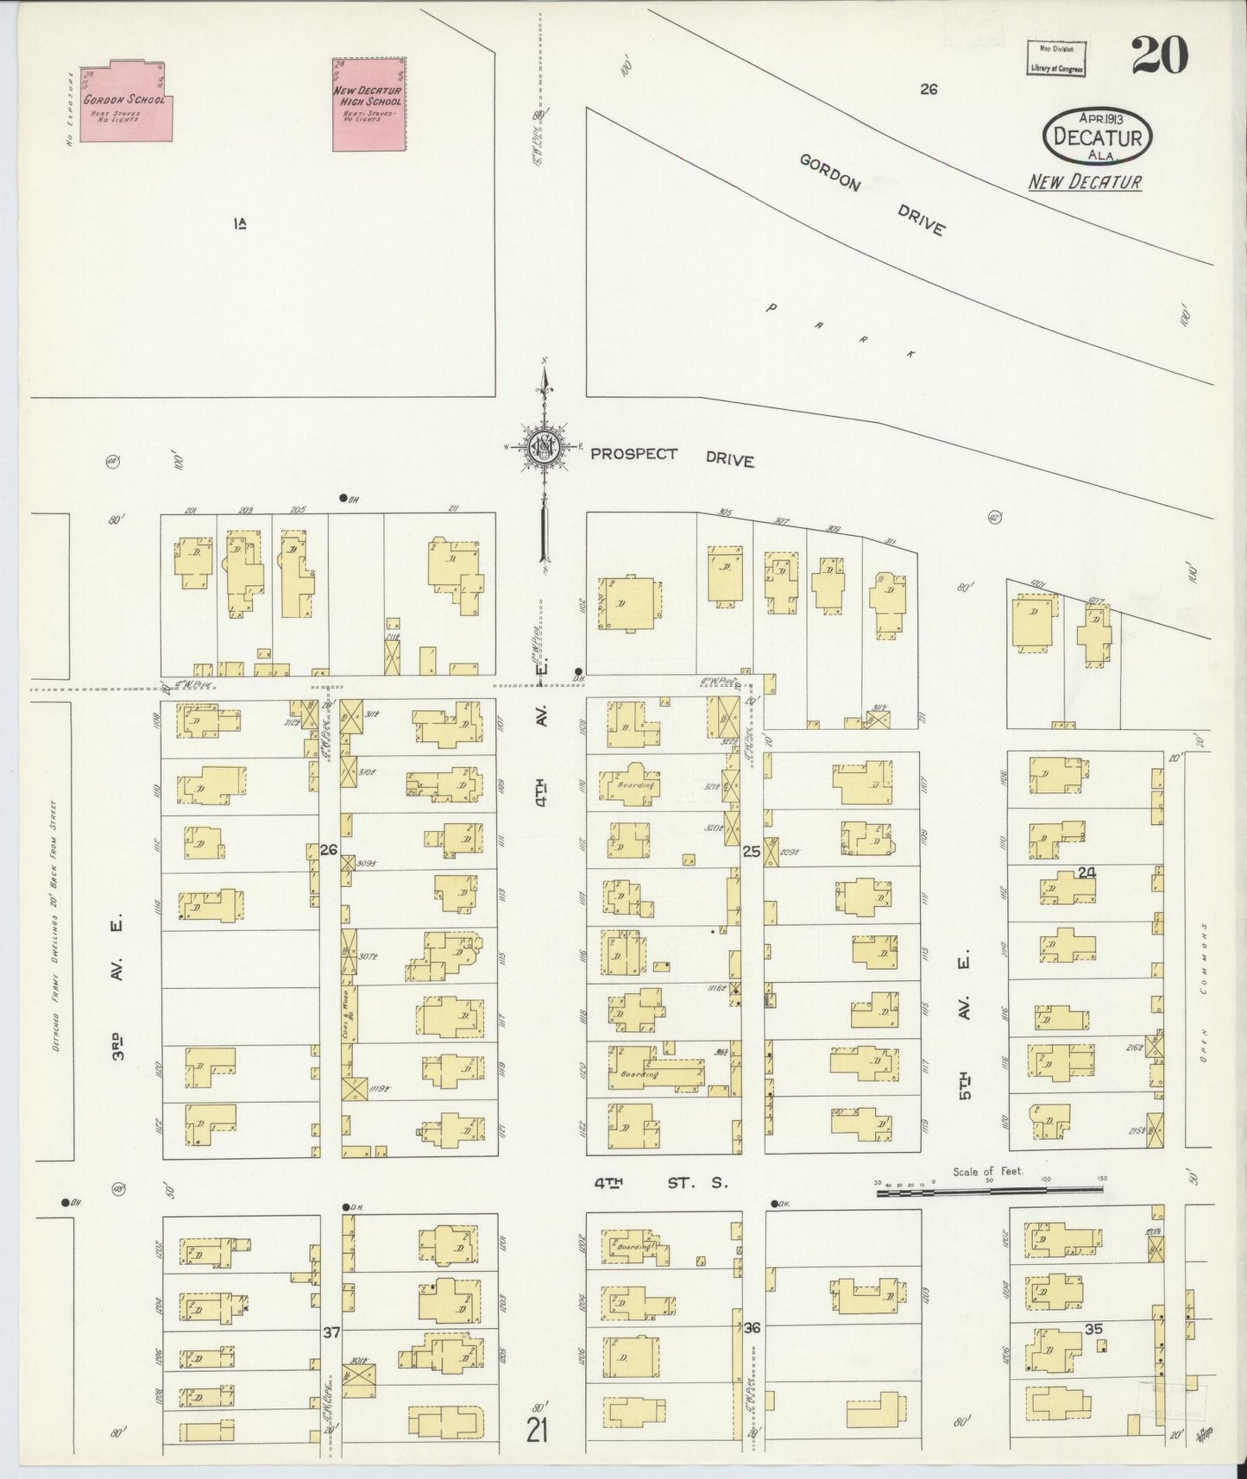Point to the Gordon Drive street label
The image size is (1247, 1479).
point(872,196)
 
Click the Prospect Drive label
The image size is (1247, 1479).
point(672,456)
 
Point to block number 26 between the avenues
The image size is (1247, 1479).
point(328,850)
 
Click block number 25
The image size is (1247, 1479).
point(752,851)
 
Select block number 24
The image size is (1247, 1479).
point(1086,872)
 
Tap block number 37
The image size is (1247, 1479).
point(331,1332)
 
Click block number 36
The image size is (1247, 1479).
point(752,1327)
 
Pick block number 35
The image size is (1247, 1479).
point(1093,1329)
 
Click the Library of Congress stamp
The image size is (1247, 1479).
point(1055,60)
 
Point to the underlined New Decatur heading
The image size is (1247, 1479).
point(1084,182)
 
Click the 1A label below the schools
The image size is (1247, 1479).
point(240,224)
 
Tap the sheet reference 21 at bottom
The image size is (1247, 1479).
point(538,1432)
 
